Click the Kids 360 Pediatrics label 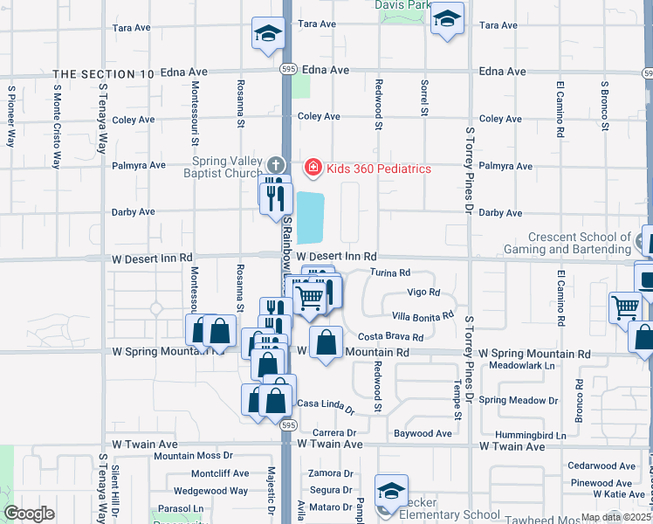378,168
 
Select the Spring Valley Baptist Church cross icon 276,165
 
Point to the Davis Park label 402,5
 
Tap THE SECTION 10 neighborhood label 104,74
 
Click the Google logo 29,514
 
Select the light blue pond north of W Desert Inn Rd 310,217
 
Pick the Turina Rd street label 389,272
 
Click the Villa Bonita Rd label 423,315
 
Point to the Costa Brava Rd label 390,337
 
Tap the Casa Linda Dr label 326,404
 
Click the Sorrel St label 424,98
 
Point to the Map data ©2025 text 615,517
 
